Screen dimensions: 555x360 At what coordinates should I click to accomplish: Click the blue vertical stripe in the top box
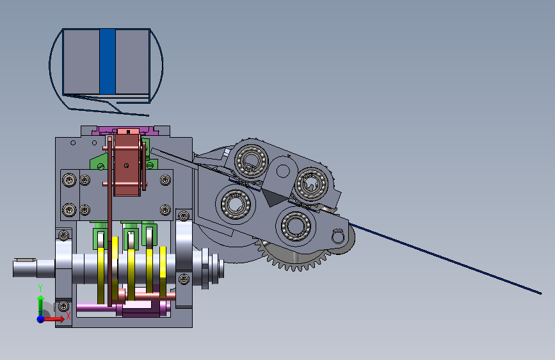pyautogui.click(x=108, y=61)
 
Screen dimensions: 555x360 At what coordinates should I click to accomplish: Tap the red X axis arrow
pyautogui.click(x=54, y=319)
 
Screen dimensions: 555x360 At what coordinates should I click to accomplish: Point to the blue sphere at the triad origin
pyautogui.click(x=41, y=319)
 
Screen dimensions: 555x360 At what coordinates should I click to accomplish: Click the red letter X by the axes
pyautogui.click(x=68, y=316)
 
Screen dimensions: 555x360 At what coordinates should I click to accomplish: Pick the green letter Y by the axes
pyautogui.click(x=40, y=288)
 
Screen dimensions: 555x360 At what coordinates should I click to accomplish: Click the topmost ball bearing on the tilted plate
pyautogui.click(x=252, y=160)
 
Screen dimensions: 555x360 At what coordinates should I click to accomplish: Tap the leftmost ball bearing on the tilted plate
pyautogui.click(x=236, y=204)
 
